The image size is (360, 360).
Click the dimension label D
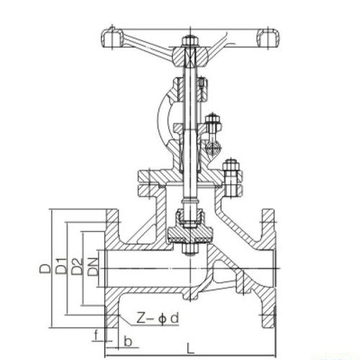(x=45, y=268)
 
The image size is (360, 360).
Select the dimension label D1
(x=60, y=266)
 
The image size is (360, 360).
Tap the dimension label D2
(x=77, y=266)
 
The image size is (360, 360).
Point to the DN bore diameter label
(x=93, y=266)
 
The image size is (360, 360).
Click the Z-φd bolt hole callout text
(x=158, y=318)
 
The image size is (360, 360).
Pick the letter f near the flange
(x=96, y=335)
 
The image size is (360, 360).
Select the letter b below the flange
(x=128, y=341)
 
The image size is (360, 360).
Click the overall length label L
(x=190, y=348)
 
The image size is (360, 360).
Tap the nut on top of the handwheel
(x=189, y=41)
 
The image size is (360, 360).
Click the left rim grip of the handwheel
(x=111, y=38)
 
